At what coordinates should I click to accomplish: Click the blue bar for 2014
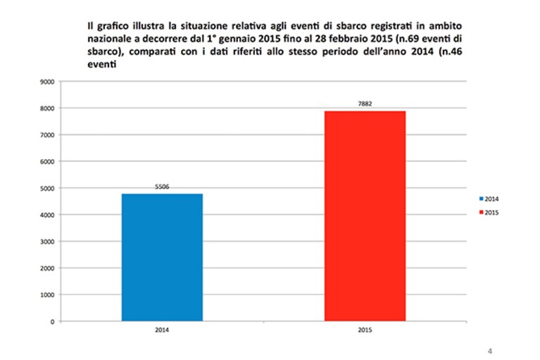162,257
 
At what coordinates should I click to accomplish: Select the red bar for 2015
365,216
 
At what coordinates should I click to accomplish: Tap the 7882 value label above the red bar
365,104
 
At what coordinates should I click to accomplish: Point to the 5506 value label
162,187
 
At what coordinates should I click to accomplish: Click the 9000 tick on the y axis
48,82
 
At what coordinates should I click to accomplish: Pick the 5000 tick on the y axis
48,188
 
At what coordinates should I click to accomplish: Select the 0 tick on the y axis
52,322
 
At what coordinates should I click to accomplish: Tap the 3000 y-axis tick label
48,242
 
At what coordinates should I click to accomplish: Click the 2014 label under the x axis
162,330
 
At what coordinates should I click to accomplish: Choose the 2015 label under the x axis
365,330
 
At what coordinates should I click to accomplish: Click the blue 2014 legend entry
489,199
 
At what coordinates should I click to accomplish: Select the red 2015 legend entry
489,213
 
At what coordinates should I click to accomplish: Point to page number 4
490,351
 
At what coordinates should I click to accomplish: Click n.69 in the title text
408,39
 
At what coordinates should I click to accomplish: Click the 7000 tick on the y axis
48,135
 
